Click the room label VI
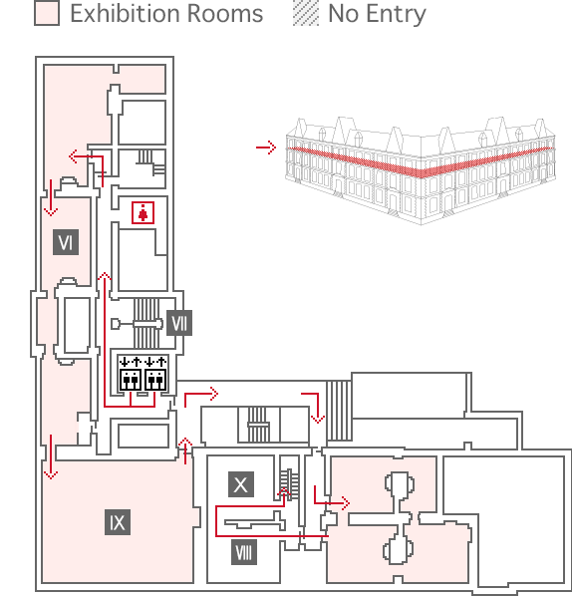point(66,242)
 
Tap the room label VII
point(179,323)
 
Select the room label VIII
point(243,552)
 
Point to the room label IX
point(118,522)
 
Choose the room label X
point(241,484)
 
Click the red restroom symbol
point(143,213)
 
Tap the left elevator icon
point(131,374)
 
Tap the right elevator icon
point(155,374)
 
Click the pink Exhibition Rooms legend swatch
point(47,13)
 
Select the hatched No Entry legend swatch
point(306,13)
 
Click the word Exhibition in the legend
point(125,14)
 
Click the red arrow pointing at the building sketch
point(266,148)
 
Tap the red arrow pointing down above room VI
point(51,197)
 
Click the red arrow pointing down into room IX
point(51,456)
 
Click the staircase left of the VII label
point(146,323)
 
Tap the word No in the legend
point(343,14)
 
